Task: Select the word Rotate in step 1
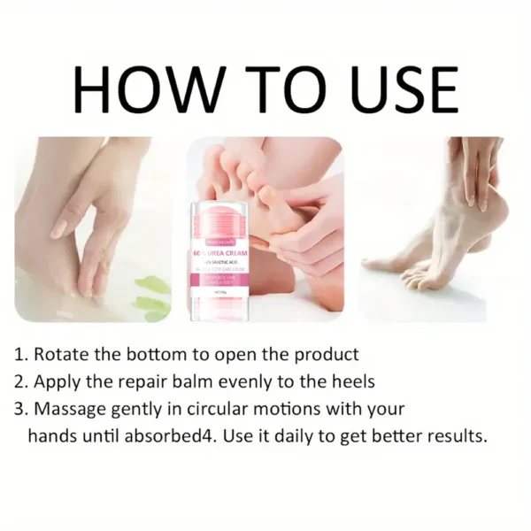pos(63,354)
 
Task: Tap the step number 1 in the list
pos(20,355)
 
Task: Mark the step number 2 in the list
pos(20,381)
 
